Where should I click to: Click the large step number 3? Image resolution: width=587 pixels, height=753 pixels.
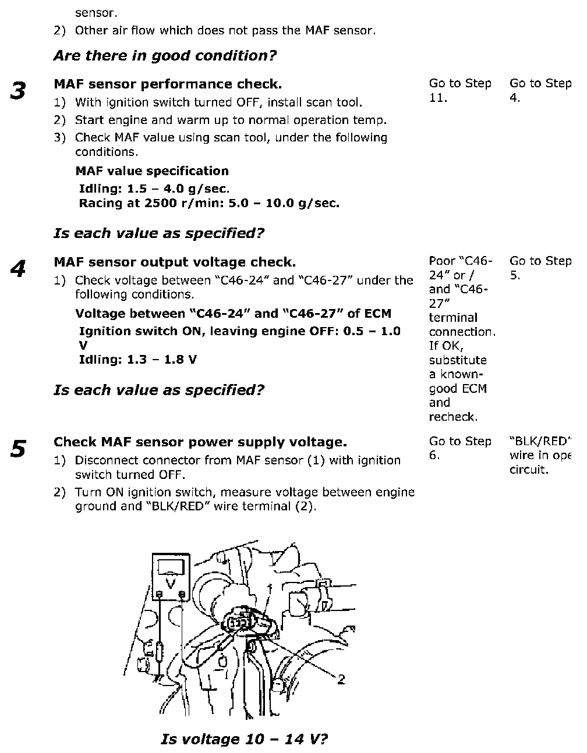[x=19, y=91]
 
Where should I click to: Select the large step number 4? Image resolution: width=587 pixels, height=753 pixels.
[x=19, y=269]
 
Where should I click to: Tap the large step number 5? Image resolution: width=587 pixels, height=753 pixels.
[x=19, y=449]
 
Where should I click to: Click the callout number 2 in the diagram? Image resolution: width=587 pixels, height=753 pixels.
[x=341, y=679]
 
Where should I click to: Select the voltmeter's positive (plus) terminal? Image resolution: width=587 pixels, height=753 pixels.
[x=182, y=594]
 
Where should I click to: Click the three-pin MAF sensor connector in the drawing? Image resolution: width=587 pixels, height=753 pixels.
[x=236, y=623]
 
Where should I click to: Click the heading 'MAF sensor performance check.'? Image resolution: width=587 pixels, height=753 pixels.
[x=168, y=84]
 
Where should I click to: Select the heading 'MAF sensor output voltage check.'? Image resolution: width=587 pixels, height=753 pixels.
[x=175, y=262]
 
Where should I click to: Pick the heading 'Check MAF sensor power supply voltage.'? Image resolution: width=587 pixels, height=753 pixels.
[x=200, y=442]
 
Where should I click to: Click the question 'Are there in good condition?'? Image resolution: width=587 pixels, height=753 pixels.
[x=165, y=56]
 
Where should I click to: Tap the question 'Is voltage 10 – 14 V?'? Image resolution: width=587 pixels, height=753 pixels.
[x=244, y=740]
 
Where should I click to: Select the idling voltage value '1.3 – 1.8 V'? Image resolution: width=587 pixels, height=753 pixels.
[x=161, y=360]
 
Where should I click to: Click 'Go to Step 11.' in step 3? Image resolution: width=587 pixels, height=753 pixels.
[x=459, y=91]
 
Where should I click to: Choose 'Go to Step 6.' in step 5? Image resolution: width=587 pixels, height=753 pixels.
[x=459, y=449]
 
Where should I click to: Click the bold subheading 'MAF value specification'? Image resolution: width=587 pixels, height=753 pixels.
[x=152, y=171]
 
